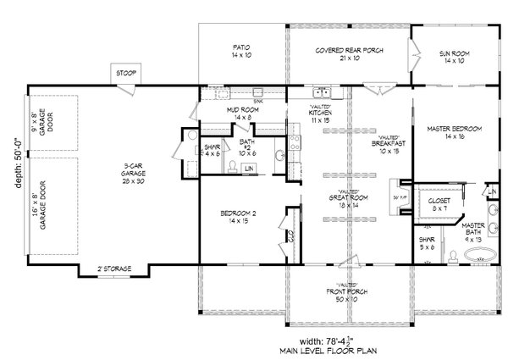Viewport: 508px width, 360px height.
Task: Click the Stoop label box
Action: point(127,74)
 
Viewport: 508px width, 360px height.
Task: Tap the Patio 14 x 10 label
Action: point(240,52)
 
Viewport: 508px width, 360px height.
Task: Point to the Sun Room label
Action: point(456,56)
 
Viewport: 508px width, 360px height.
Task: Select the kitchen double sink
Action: point(322,93)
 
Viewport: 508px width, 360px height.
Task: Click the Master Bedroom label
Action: point(456,131)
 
